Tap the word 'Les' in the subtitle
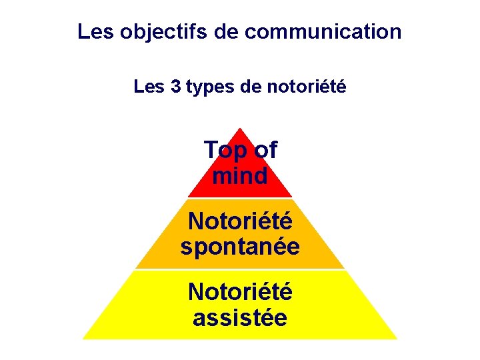click(x=149, y=87)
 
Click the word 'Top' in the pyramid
click(x=225, y=151)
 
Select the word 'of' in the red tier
click(x=265, y=150)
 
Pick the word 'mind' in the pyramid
click(x=240, y=176)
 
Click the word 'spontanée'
click(x=240, y=247)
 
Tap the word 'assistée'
click(x=240, y=317)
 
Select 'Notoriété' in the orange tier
click(x=240, y=220)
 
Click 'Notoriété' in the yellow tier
click(x=240, y=291)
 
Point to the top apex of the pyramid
click(x=240, y=129)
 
